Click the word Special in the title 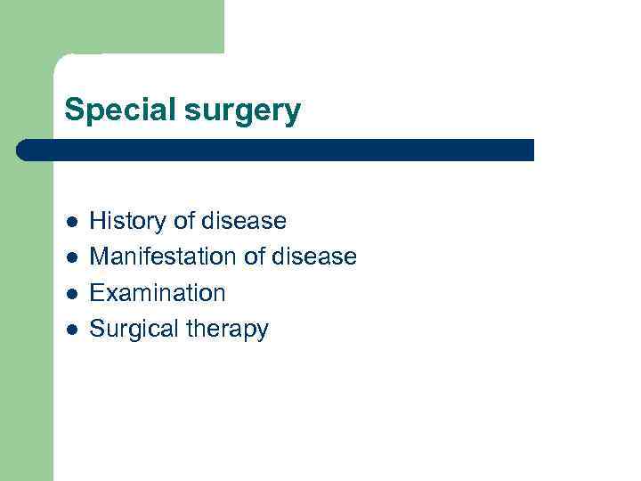pos(117,110)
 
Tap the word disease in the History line pos(245,220)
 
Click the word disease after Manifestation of pos(314,257)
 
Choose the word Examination pos(158,293)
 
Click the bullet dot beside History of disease pos(71,222)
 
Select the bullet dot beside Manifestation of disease pos(71,258)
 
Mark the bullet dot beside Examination pos(71,294)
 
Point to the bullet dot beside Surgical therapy pos(71,330)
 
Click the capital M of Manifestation pos(99,257)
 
